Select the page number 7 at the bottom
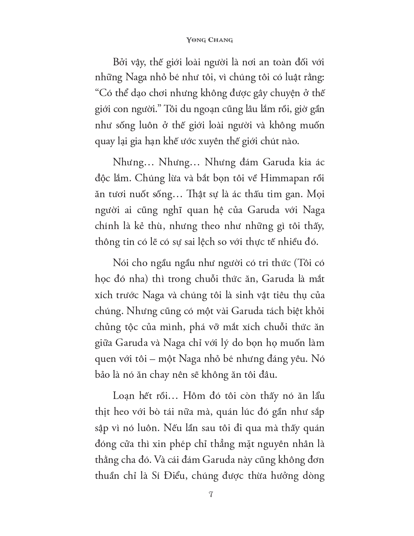coord(211,495)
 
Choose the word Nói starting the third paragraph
coord(120,263)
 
